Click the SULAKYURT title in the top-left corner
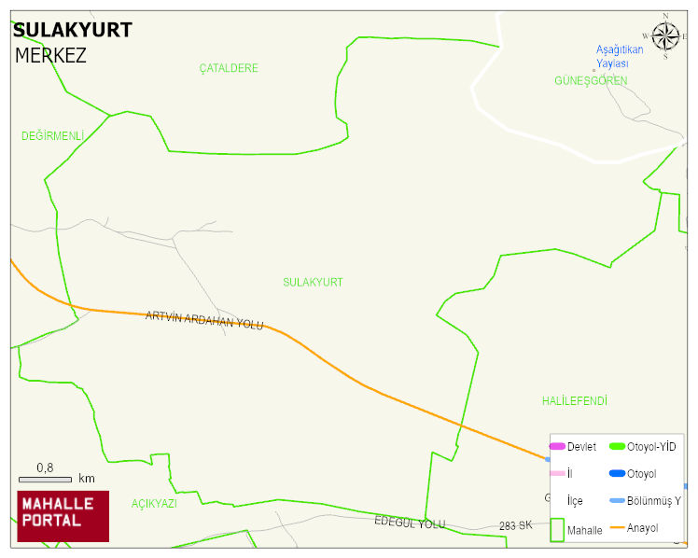72,30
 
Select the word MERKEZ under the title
50,55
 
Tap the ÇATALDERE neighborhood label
229,68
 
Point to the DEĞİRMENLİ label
52,136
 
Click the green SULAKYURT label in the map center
313,282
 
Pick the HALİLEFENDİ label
574,401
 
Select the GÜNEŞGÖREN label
591,81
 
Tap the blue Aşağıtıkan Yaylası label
620,56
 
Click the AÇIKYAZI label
154,503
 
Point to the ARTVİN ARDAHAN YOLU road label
204,320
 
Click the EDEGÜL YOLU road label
410,523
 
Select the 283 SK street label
515,525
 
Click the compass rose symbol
665,36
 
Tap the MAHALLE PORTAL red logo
63,516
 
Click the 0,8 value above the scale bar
45,467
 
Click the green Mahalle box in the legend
557,529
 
